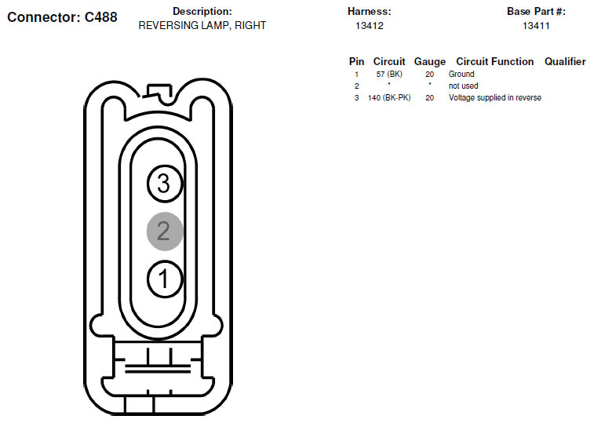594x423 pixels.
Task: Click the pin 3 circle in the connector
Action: (x=165, y=184)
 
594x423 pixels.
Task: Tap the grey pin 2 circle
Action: (x=165, y=232)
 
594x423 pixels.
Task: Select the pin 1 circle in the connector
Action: (x=165, y=279)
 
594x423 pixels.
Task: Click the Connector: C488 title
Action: (x=62, y=17)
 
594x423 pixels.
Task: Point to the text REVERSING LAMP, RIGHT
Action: (x=202, y=25)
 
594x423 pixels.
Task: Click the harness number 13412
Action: (x=370, y=26)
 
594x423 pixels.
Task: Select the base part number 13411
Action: (x=536, y=26)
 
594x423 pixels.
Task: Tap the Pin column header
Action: (x=356, y=61)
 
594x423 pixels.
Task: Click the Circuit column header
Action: (x=389, y=61)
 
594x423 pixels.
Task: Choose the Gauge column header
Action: (x=429, y=62)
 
